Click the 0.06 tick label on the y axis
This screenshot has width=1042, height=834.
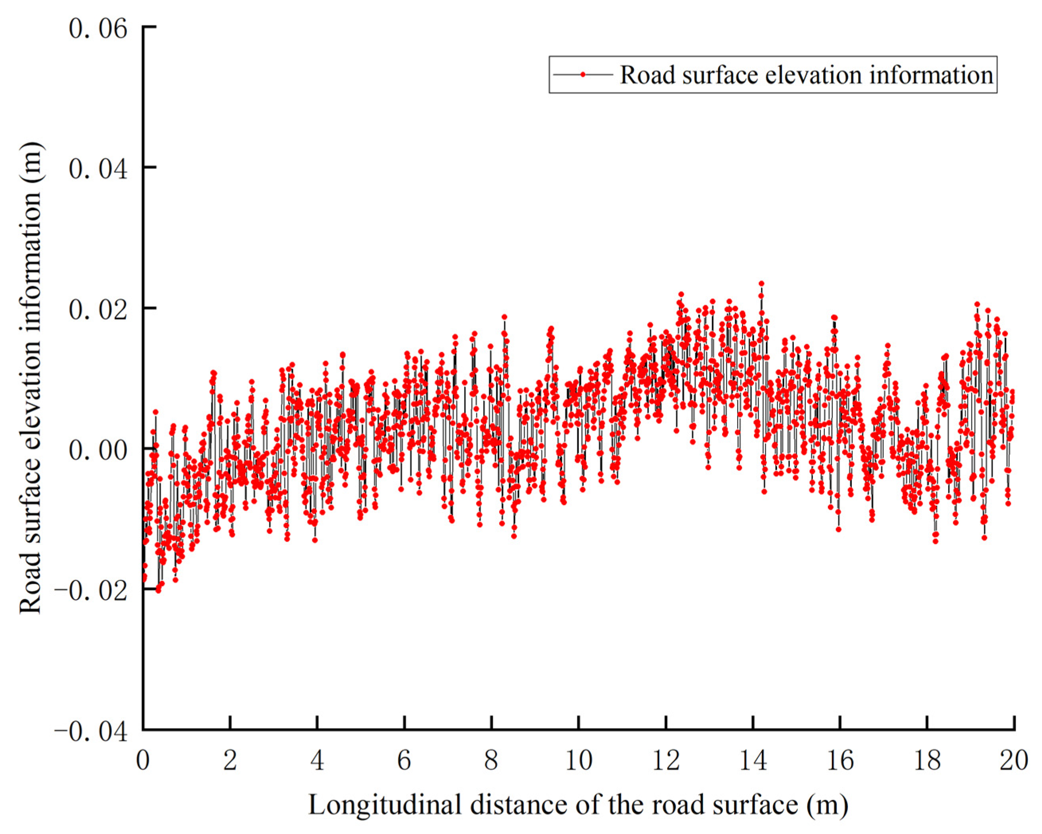coord(98,29)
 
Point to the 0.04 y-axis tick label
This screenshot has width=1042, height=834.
coord(98,170)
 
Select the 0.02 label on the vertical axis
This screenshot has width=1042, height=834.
coord(98,310)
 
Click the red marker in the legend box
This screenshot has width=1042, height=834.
coord(583,74)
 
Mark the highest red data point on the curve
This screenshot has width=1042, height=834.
coord(761,284)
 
